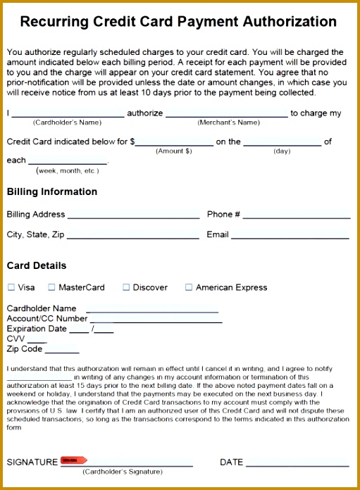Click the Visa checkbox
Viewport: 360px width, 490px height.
click(11, 287)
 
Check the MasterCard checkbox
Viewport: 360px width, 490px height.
click(51, 287)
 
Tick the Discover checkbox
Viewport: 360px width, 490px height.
click(126, 287)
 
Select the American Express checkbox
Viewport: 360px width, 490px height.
click(189, 287)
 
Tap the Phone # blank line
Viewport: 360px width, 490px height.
click(297, 218)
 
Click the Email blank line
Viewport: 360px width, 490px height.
click(290, 238)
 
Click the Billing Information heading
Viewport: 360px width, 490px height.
click(52, 191)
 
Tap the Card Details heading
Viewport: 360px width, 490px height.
click(37, 265)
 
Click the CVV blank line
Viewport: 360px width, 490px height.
click(37, 341)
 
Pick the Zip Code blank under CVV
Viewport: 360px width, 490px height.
click(62, 351)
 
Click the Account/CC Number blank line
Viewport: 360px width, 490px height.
click(156, 321)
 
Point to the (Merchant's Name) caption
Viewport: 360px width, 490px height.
click(228, 122)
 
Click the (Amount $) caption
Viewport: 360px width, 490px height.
click(174, 151)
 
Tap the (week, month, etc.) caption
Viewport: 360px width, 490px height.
click(68, 170)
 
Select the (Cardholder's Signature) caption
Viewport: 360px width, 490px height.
click(122, 472)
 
